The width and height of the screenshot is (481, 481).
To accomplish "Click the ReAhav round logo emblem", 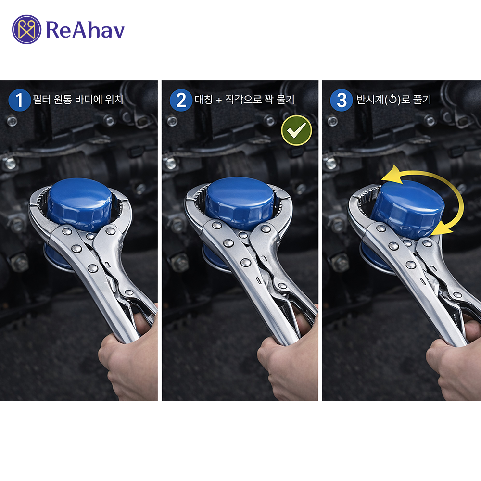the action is coord(26,29).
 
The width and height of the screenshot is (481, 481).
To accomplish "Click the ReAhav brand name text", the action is coord(85,29).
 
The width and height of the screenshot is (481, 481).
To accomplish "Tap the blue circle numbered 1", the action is coord(19,100).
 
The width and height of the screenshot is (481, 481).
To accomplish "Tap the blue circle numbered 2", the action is coord(181,100).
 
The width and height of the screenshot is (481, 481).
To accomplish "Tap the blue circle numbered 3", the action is coord(342,100).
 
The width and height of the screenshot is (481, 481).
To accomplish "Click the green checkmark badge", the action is coord(296,130).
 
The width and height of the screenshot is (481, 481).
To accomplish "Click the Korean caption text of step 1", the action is coord(78,99).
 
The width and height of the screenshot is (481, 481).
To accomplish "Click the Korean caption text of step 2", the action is coord(244,99).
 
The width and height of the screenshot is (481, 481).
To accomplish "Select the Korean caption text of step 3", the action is coord(393,100).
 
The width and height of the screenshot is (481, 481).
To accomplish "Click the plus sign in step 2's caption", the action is coord(219,100).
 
